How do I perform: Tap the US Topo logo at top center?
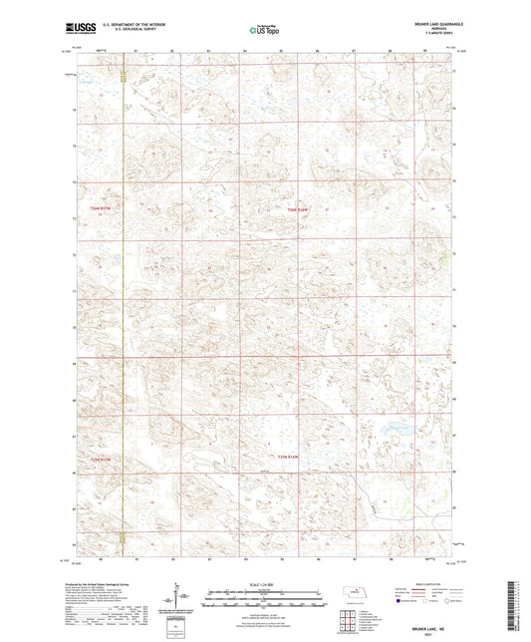pos(263,30)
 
